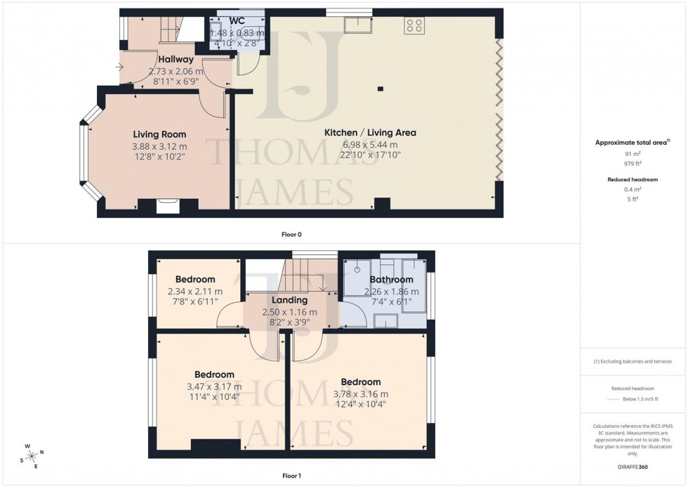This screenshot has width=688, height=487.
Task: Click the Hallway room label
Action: click(x=176, y=60)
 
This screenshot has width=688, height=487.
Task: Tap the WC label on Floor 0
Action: click(x=236, y=21)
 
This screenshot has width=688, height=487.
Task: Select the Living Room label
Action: click(x=159, y=134)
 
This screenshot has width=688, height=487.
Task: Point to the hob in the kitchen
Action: click(x=414, y=25)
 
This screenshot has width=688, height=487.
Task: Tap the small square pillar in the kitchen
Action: click(x=380, y=89)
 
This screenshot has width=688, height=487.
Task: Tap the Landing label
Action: click(x=289, y=300)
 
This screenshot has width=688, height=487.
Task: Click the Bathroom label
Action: click(x=391, y=280)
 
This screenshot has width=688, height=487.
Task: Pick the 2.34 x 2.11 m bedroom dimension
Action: click(x=195, y=292)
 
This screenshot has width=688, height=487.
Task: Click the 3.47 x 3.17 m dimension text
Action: click(x=214, y=387)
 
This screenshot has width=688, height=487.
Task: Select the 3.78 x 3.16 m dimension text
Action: click(x=361, y=394)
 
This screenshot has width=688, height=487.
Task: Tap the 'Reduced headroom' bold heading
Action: click(x=633, y=180)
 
